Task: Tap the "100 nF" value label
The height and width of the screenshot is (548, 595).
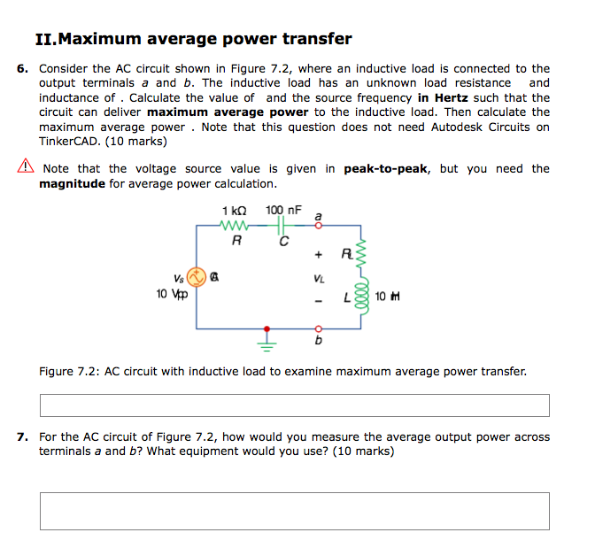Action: (283, 211)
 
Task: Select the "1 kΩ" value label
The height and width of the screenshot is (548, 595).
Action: (236, 211)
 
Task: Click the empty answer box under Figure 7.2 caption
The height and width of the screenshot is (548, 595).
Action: (294, 405)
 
